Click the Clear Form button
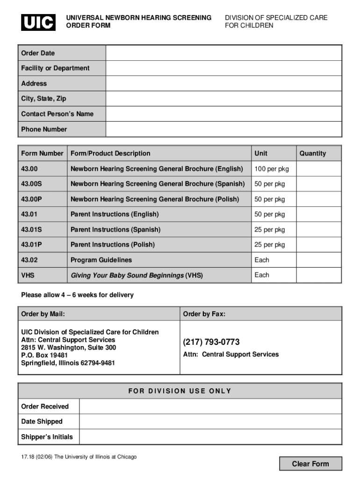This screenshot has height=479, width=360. coord(310,464)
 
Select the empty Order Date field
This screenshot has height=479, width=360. coord(223,53)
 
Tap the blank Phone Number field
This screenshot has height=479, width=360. coord(223,129)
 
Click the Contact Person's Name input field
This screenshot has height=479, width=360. coord(223,114)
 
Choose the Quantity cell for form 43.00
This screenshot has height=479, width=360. coord(319,169)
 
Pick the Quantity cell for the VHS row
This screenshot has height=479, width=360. coord(319,276)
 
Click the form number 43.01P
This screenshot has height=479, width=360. coord(32,245)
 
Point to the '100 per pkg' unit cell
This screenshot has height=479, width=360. coord(272,169)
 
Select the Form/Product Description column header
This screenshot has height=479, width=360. coord(110,153)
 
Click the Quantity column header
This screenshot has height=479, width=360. coord(313,153)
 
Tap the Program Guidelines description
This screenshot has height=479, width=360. coord(101,260)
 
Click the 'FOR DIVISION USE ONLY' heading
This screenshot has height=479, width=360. coord(180,391)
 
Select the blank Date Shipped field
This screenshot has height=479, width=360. coord(210,421)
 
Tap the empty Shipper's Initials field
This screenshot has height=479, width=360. coord(210,437)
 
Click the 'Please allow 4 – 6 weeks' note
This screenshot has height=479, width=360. coord(77,295)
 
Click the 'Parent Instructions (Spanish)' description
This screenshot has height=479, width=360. coord(115,230)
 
